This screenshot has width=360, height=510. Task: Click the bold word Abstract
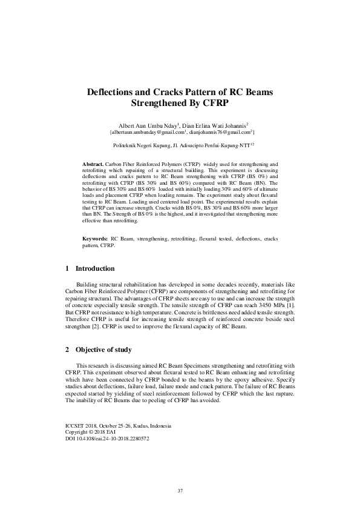pyautogui.click(x=93, y=165)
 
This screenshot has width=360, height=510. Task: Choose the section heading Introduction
pyautogui.click(x=95, y=268)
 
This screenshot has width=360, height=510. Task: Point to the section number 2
pyautogui.click(x=67, y=350)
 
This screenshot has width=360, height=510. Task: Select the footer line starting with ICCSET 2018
pyautogui.click(x=119, y=426)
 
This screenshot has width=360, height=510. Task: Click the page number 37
pyautogui.click(x=180, y=490)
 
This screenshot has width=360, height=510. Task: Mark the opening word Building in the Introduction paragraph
pyautogui.click(x=87, y=284)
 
